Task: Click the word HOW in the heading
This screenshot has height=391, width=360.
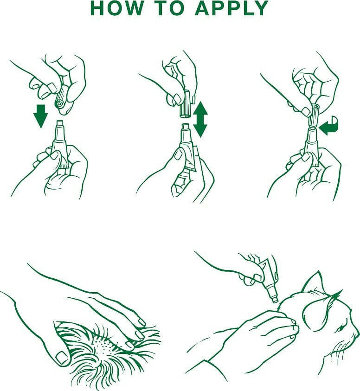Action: (116, 8)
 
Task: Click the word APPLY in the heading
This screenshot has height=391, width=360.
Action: (232, 8)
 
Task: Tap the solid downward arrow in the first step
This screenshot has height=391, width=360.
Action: (41, 116)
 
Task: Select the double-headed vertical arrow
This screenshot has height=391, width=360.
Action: (200, 119)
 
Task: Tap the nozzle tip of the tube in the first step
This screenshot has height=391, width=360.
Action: (60, 123)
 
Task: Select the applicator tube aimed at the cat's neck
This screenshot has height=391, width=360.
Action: (266, 280)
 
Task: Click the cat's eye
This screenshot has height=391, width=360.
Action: (341, 329)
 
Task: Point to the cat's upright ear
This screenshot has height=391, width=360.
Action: (314, 282)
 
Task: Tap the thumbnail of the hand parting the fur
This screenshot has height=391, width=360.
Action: (61, 358)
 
